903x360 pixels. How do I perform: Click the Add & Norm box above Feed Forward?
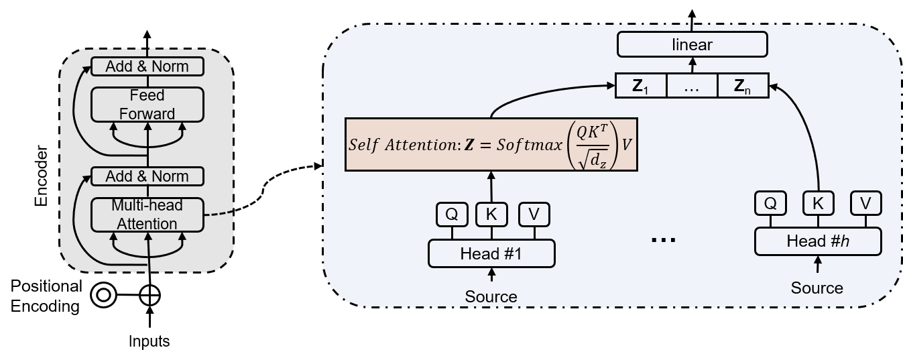click(147, 66)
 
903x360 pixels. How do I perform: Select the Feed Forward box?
click(147, 105)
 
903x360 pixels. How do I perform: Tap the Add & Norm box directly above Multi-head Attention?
click(147, 176)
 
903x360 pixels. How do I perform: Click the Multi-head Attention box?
click(147, 215)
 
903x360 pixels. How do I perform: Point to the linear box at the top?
click(692, 46)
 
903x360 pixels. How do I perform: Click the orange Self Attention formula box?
click(490, 145)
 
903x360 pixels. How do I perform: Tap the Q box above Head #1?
click(451, 215)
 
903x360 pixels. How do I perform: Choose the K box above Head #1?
click(492, 215)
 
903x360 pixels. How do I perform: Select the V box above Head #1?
click(534, 215)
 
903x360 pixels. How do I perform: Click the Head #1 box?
click(492, 254)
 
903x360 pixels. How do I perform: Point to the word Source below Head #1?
click(492, 296)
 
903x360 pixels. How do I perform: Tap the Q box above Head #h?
click(770, 203)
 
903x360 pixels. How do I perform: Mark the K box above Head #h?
click(818, 203)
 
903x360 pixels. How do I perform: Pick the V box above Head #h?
click(866, 203)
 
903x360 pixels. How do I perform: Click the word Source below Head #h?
click(817, 288)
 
